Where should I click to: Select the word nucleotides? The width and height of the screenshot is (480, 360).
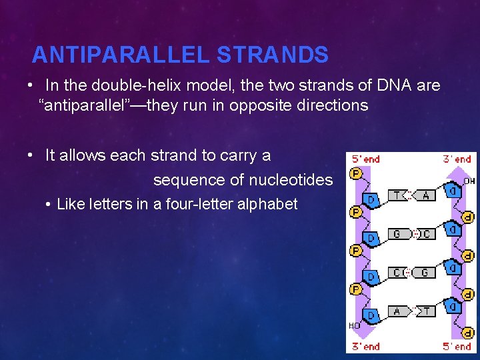pyautogui.click(x=291, y=180)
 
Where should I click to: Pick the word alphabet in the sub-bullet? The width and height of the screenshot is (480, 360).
pyautogui.click(x=268, y=204)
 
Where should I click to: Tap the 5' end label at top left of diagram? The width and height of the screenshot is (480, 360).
pyautogui.click(x=366, y=159)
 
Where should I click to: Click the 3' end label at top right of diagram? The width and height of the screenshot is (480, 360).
pyautogui.click(x=457, y=159)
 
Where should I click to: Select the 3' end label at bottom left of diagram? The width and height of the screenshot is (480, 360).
pyautogui.click(x=366, y=346)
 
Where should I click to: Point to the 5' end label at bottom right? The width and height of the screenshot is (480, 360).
pyautogui.click(x=457, y=346)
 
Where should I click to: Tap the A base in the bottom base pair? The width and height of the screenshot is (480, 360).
pyautogui.click(x=397, y=311)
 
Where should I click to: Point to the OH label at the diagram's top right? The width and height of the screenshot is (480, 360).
pyautogui.click(x=469, y=180)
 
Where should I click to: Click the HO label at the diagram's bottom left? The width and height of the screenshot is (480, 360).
pyautogui.click(x=355, y=325)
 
